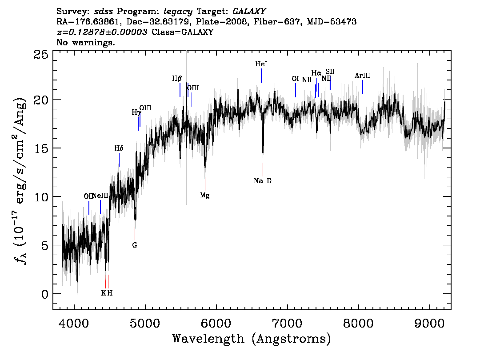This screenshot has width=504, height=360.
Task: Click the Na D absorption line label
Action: [263, 181]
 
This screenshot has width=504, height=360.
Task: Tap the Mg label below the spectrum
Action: [205, 196]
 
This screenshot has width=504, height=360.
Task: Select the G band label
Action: [135, 245]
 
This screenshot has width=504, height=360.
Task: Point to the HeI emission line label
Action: [261, 64]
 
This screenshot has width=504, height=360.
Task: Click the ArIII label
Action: [363, 76]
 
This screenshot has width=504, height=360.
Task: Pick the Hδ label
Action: [119, 148]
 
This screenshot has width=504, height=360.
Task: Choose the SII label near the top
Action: [330, 72]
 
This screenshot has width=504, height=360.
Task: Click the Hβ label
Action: [177, 78]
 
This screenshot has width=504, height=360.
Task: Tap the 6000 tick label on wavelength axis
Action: [216, 324]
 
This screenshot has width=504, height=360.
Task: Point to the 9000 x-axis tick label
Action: [429, 324]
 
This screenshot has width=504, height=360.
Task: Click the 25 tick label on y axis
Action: [41, 55]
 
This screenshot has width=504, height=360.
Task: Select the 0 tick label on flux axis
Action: [45, 294]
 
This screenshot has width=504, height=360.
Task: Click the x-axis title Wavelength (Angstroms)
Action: [252, 339]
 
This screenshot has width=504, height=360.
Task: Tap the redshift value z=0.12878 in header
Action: [102, 32]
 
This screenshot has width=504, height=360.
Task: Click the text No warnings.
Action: [85, 42]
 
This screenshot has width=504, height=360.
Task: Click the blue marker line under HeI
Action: [261, 76]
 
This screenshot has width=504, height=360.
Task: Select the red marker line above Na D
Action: [263, 169]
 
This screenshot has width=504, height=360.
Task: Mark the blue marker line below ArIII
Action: [363, 87]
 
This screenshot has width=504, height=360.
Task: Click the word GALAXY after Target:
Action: [249, 12]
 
